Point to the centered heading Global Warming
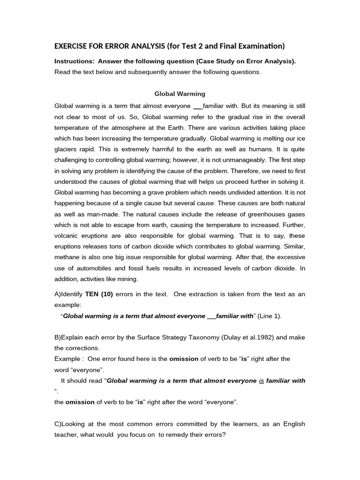point(180,94)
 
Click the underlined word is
point(262,381)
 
